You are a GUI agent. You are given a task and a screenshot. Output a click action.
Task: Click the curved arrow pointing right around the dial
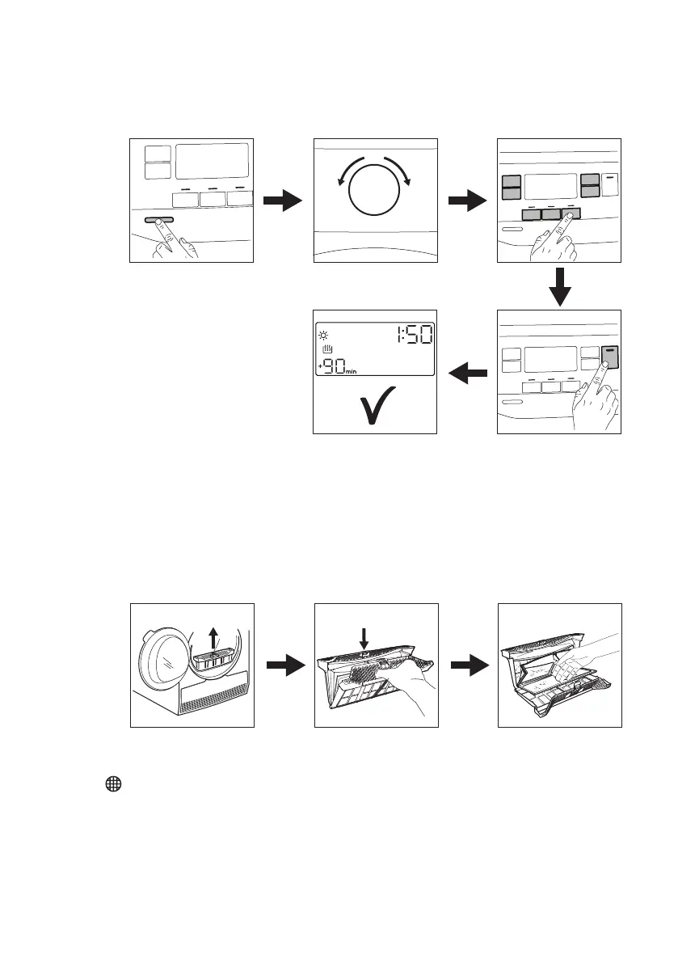point(403,171)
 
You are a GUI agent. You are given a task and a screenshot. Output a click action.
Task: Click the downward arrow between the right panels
point(559,285)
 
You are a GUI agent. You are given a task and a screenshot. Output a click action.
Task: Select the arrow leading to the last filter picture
point(467,665)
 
